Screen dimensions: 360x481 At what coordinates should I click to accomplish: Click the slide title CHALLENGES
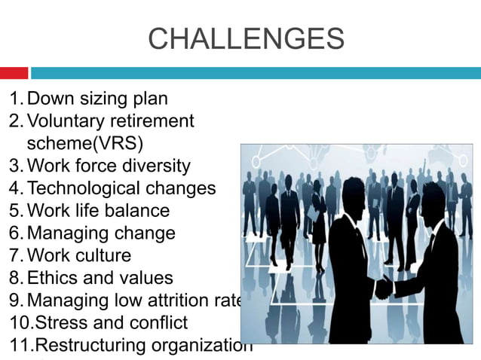click(x=246, y=38)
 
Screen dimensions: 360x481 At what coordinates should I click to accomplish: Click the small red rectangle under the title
click(x=14, y=73)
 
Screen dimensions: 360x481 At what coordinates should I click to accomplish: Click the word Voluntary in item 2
click(x=70, y=121)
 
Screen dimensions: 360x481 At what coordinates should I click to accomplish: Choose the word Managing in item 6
click(x=66, y=233)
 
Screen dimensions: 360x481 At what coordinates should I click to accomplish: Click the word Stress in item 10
click(x=57, y=323)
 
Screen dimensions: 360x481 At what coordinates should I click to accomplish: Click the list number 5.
click(x=14, y=210)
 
